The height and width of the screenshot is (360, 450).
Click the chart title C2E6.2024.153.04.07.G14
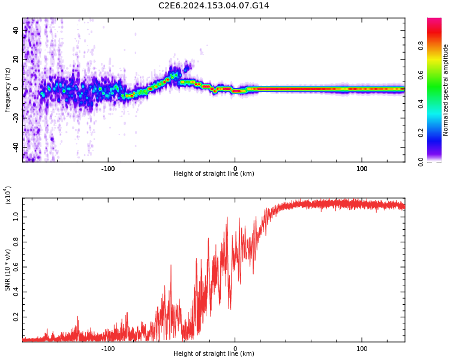point(214,5)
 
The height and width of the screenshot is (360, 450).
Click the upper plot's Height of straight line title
point(214,174)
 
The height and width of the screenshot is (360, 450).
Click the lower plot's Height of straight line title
point(214,354)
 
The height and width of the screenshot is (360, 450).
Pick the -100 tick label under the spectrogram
point(108,169)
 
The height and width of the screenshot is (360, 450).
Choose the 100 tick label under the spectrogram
point(362,169)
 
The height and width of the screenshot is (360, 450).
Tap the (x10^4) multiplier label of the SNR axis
point(8,195)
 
